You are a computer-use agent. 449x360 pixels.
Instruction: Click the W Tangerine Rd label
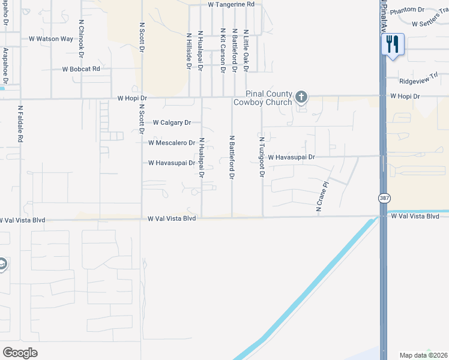[231, 4]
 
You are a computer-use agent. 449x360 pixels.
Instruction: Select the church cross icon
[301, 97]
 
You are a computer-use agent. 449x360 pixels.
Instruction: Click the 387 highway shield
[383, 197]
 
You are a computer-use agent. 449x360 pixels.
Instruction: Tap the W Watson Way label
[51, 39]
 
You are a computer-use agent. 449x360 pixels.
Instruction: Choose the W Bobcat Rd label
[81, 69]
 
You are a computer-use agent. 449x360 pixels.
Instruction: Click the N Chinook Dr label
[81, 37]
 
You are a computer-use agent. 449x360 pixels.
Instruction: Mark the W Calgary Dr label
[172, 122]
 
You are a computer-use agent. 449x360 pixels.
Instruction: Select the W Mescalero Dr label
[172, 143]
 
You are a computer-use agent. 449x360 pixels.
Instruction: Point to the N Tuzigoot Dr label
[262, 157]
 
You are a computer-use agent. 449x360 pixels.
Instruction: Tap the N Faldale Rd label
[20, 124]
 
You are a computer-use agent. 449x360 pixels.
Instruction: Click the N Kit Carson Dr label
[223, 51]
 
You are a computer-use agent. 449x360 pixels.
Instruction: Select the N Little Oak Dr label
[246, 51]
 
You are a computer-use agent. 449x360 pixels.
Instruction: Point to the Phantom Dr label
[407, 10]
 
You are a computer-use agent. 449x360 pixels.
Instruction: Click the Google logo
[20, 353]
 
